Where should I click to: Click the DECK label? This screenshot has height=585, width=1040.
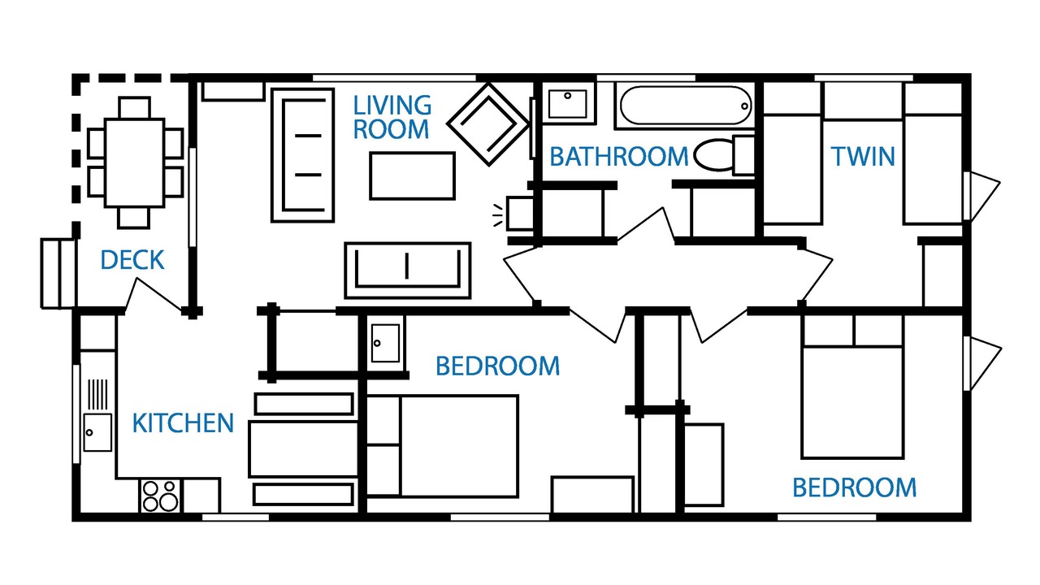[132, 260]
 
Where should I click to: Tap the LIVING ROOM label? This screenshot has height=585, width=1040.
[392, 117]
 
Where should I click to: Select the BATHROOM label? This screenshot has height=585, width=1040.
[619, 157]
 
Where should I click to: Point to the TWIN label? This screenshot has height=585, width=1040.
[863, 157]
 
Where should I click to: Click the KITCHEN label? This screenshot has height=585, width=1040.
[183, 423]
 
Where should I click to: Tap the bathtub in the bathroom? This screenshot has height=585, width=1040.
[686, 106]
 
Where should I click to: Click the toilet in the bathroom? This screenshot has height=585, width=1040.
[724, 155]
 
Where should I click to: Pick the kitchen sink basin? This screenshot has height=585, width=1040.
[97, 433]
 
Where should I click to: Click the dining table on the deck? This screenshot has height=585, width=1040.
[135, 162]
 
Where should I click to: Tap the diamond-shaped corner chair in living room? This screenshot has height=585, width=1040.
[488, 124]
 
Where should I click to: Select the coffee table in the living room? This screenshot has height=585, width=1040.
[412, 176]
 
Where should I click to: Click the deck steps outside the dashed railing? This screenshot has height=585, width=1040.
[58, 274]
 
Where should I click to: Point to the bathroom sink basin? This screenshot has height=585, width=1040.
[567, 104]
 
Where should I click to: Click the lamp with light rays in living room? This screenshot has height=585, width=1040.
[514, 214]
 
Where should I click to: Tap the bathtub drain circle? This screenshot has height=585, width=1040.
[744, 106]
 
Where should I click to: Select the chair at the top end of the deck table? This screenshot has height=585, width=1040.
[135, 108]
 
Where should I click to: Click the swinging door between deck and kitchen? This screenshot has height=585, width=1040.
[154, 295]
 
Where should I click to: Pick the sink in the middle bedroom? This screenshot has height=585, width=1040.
[385, 343]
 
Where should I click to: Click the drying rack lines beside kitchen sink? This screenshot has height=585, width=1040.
[98, 395]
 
